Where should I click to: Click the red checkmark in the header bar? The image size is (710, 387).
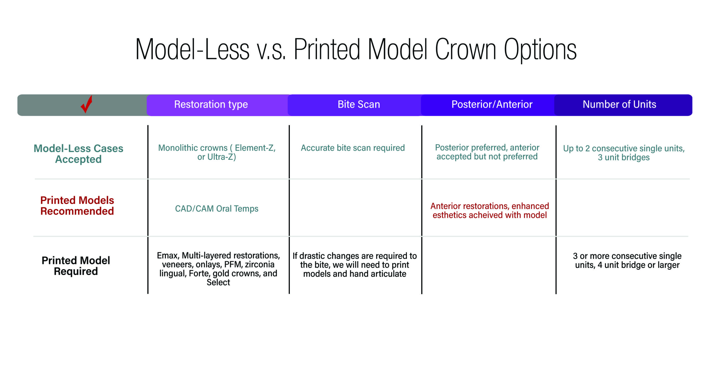pos(87,105)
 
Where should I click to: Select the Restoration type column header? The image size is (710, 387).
pos(211,105)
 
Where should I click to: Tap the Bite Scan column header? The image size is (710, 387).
pos(359,104)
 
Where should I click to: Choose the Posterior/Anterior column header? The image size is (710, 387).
pos(492,104)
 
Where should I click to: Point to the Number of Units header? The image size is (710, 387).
pos(619,104)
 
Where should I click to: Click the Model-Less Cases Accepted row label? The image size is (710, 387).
pos(78,154)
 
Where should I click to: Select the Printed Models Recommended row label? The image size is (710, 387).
pos(77,206)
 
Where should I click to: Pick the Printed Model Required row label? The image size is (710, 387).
pos(76,266)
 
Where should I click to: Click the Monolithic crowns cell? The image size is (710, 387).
pos(217,152)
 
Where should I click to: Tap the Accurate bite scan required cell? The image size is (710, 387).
pos(353,148)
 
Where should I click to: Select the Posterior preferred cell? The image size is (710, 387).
pos(487,152)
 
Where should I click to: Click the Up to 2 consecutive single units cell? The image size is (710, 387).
pos(624,153)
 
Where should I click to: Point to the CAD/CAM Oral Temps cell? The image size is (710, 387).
pos(217,208)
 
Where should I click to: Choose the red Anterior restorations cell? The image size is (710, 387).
pos(490,210)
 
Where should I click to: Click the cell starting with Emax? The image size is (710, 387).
pos(218,269)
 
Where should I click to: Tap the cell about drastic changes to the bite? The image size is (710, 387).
pos(354,265)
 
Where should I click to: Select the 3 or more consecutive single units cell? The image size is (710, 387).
pos(627,260)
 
